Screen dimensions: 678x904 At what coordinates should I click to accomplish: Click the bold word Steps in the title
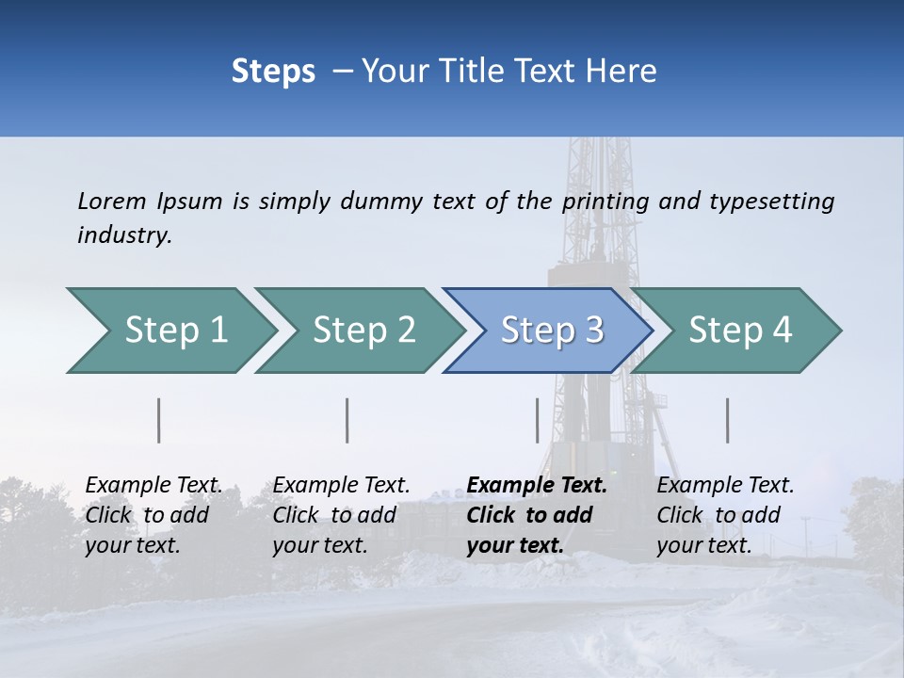273,72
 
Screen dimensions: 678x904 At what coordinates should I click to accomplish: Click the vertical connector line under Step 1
159,420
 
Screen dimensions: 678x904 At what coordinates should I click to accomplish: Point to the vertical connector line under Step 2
347,420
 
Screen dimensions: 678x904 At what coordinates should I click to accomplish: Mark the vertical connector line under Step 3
537,420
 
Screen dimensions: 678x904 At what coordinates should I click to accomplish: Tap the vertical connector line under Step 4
727,420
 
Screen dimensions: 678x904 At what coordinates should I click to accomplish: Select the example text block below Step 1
153,515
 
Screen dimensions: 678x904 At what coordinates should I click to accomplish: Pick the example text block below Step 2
341,515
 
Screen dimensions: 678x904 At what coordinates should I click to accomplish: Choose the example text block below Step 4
725,515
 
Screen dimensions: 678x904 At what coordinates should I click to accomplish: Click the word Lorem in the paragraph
112,202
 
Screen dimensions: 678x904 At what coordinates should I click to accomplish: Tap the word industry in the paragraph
123,235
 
